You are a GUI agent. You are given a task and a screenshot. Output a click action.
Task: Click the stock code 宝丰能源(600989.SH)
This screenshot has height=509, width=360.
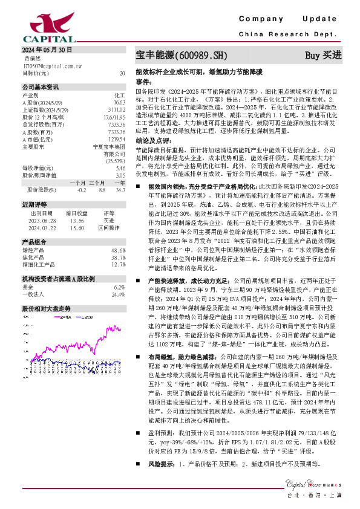pos(181,55)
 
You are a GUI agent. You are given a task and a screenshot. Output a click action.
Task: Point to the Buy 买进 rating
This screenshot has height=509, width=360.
pos(323,55)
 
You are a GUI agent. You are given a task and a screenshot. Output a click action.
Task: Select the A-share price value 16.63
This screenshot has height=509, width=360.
pos(119,103)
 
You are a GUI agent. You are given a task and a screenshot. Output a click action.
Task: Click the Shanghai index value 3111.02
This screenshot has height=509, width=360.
pos(117,109)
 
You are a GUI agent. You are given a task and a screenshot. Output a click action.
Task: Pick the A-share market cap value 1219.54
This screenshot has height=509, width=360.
pos(117,138)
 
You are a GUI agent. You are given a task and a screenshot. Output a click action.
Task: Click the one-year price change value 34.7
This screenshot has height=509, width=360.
pos(120,190)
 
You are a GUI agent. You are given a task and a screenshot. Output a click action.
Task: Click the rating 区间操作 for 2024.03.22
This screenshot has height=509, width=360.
pos(108,229)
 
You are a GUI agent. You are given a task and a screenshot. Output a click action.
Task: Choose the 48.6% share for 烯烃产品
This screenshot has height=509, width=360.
pos(118,250)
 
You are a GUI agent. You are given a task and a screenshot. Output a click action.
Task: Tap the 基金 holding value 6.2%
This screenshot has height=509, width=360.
pos(119,287)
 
